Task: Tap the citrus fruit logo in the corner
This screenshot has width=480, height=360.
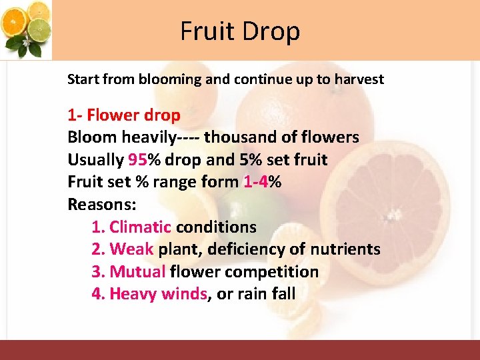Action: click(x=27, y=29)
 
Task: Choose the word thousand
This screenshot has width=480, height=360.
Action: click(x=238, y=137)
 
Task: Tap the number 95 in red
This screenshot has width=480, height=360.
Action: click(x=137, y=160)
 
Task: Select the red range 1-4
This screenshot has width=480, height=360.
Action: click(x=256, y=182)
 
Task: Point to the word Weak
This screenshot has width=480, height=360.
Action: click(x=131, y=250)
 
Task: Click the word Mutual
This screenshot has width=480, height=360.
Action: click(x=137, y=272)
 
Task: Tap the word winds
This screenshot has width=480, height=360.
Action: click(x=184, y=294)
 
